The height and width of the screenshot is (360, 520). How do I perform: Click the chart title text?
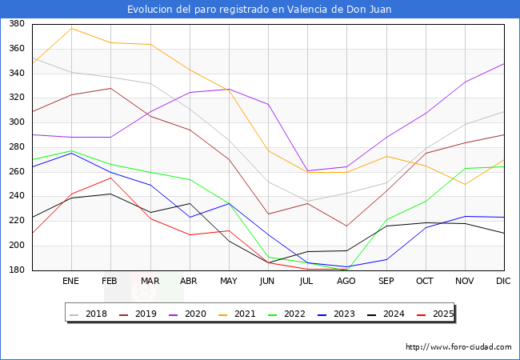point(259,9)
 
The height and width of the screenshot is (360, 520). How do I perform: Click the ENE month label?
point(71,282)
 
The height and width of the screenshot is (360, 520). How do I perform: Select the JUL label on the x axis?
point(307,282)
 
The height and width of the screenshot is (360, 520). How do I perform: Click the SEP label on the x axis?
point(386,282)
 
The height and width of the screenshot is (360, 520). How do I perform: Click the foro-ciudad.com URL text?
point(458,347)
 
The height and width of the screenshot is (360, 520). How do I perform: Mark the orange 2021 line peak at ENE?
point(72,29)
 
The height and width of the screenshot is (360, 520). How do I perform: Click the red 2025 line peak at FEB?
point(111,178)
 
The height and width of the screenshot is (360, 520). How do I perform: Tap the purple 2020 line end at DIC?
point(504,63)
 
